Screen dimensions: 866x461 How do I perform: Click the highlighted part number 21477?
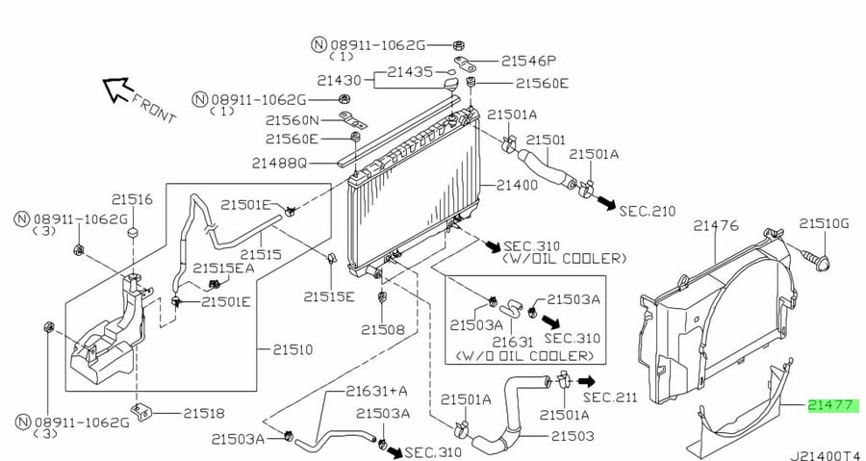click(833, 406)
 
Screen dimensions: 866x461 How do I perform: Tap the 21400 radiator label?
click(517, 185)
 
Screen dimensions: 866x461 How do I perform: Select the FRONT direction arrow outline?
click(118, 90)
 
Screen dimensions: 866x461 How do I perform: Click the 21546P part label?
click(528, 61)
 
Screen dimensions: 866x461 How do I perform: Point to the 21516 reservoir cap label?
click(132, 199)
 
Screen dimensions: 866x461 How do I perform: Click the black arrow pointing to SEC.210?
click(606, 203)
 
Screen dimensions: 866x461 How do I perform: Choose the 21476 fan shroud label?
click(716, 226)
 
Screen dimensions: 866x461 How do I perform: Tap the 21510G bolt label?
click(824, 223)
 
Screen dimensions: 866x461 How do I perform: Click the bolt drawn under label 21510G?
click(816, 260)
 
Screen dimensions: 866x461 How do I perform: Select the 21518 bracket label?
click(204, 413)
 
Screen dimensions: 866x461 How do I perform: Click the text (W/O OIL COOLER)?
click(524, 356)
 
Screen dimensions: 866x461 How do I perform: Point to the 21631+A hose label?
click(376, 391)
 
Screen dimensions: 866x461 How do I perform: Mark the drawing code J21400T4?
click(827, 455)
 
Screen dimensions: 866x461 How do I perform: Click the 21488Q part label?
click(279, 163)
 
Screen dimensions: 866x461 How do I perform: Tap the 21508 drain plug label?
click(383, 329)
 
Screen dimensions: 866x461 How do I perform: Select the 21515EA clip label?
click(223, 268)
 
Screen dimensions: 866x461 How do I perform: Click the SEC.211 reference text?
click(610, 397)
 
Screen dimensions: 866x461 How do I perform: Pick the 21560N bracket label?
click(293, 119)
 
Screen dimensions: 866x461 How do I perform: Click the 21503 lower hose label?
click(573, 436)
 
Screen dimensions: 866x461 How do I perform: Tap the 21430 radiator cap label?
click(339, 81)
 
